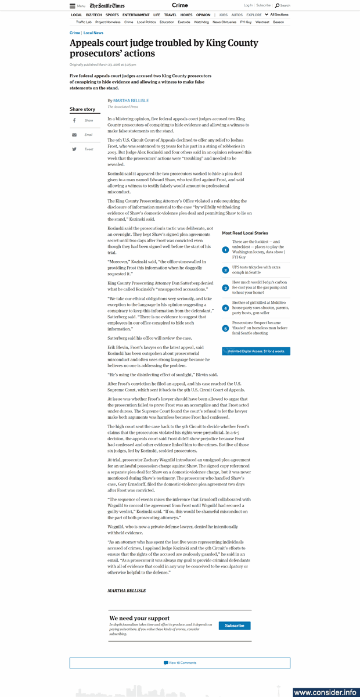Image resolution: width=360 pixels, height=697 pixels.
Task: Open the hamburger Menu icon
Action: [x=73, y=6]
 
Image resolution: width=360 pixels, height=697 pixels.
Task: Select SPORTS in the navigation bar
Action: [x=112, y=15]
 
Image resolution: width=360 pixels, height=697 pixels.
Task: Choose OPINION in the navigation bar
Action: [x=203, y=15]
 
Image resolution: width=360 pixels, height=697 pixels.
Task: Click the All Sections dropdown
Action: [x=276, y=15]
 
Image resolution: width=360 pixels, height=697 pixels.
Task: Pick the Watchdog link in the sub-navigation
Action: [x=201, y=22]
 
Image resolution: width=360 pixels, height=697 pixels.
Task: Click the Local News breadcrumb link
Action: [x=93, y=33]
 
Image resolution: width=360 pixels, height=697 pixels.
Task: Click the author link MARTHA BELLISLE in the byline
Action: [x=131, y=100]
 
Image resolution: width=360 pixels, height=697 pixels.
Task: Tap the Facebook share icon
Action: [x=74, y=120]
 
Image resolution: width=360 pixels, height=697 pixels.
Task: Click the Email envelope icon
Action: [x=74, y=135]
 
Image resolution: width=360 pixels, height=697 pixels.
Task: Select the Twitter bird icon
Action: [x=74, y=149]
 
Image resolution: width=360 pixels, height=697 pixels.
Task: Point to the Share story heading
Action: [x=82, y=109]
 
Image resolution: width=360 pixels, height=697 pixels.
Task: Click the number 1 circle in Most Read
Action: [x=225, y=250]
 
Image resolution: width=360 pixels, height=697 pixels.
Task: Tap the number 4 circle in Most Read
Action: [x=225, y=308]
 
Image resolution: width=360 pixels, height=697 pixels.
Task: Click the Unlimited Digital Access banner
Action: [x=256, y=351]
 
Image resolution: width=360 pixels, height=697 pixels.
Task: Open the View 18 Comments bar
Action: [x=180, y=663]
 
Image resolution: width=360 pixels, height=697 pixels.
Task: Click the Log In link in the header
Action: [x=248, y=5]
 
